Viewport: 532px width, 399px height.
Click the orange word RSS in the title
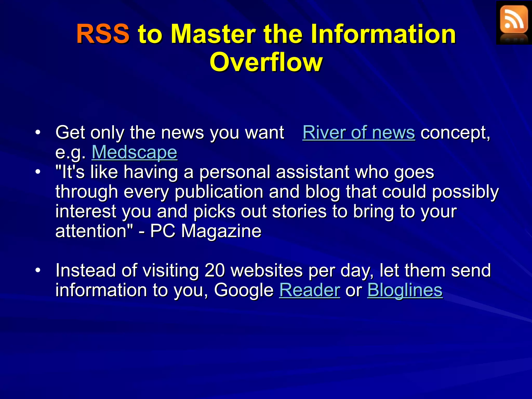point(103,34)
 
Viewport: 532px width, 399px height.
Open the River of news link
point(358,132)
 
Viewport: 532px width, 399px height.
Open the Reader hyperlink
point(309,290)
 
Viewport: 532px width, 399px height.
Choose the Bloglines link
point(405,290)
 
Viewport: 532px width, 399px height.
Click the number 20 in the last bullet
point(215,270)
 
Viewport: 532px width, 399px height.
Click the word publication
point(219,192)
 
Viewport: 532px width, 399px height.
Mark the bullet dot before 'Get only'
point(38,132)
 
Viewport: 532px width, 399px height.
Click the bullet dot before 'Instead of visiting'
point(38,270)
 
